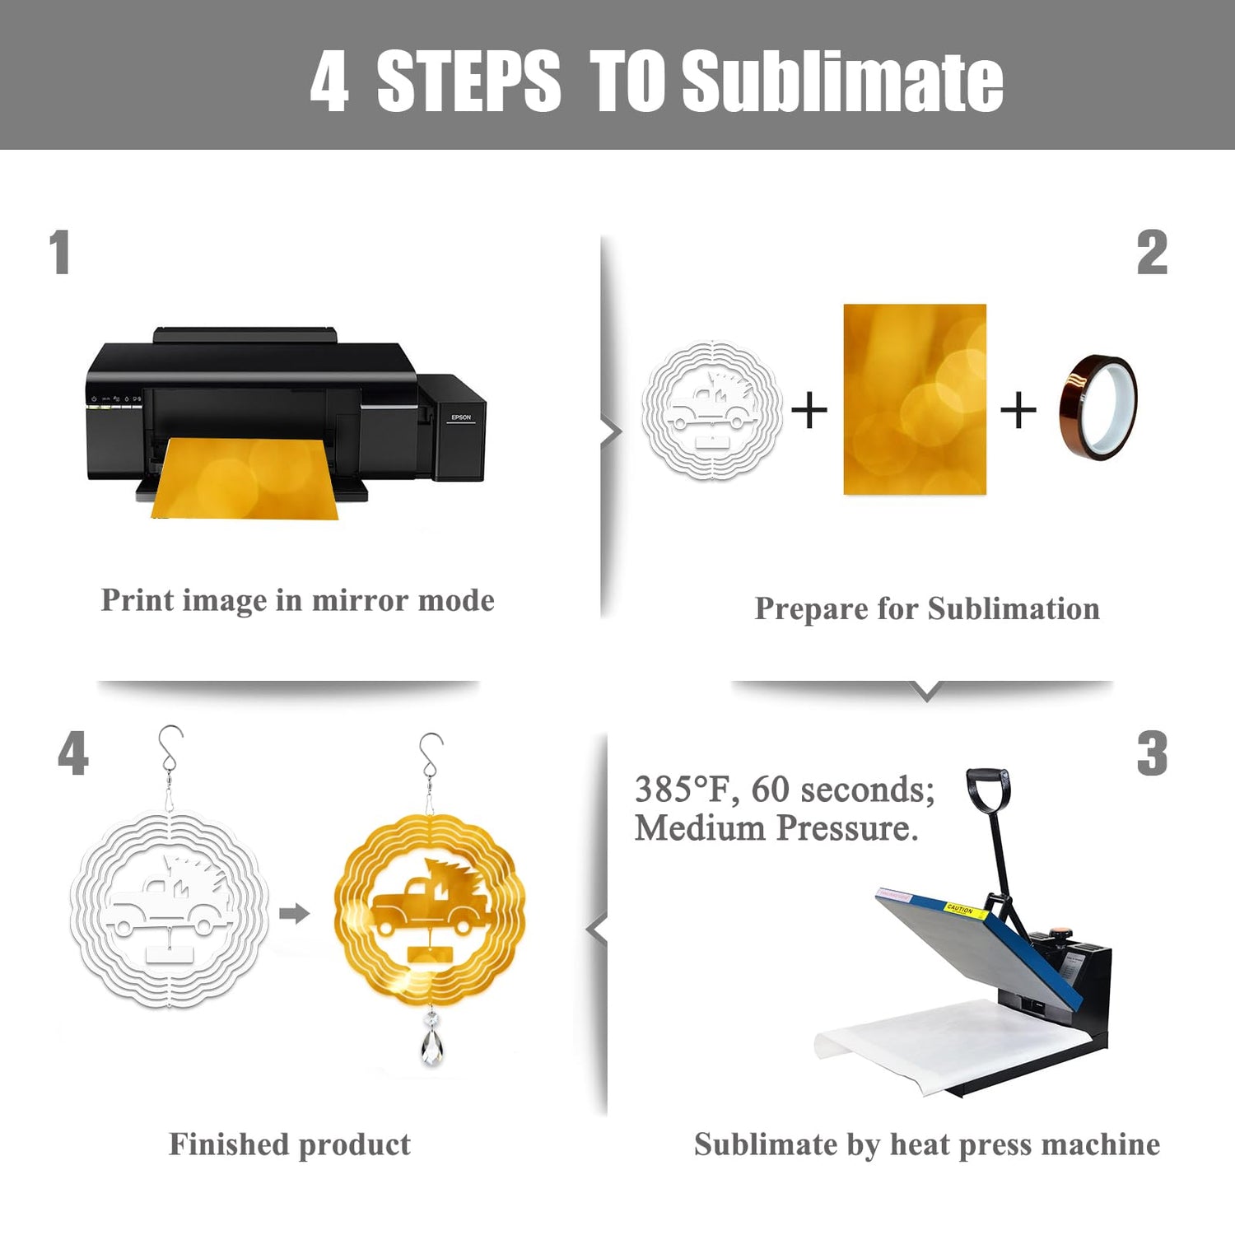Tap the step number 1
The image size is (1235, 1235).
[59, 252]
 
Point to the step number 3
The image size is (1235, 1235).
[1152, 753]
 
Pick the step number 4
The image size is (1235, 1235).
[73, 753]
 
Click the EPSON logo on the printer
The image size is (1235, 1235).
[461, 417]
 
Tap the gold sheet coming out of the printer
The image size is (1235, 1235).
[244, 478]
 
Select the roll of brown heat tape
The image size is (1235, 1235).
[1098, 407]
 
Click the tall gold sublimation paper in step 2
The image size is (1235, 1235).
[915, 399]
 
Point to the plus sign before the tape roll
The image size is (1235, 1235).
[1018, 409]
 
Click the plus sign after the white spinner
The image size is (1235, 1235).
[809, 409]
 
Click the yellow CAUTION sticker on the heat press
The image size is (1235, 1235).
[960, 910]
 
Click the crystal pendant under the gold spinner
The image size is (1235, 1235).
[431, 1039]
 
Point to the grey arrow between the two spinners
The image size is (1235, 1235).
[295, 913]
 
